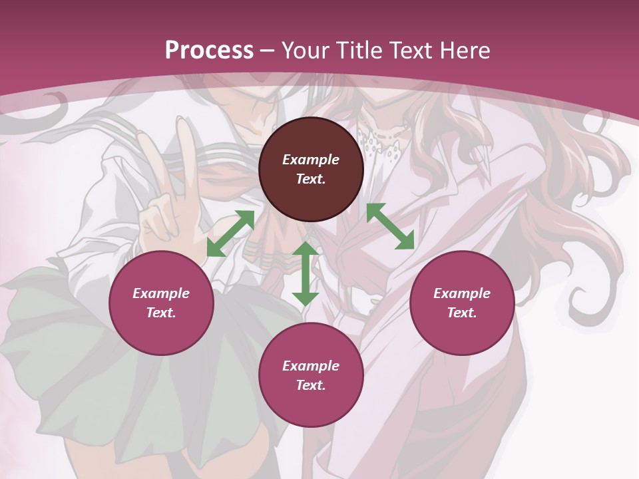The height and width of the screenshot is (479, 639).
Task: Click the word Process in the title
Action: tap(209, 51)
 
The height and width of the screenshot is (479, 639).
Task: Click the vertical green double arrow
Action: tap(306, 273)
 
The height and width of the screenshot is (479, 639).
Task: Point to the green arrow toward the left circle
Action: tap(230, 234)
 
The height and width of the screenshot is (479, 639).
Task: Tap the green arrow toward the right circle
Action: tap(391, 226)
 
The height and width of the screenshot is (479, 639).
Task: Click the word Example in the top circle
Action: tap(311, 160)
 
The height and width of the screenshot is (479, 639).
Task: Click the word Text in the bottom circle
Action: tap(311, 385)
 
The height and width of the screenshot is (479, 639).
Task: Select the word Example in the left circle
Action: tap(161, 293)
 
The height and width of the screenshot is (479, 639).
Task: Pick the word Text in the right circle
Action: tap(462, 313)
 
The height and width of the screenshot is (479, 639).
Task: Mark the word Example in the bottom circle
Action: tap(311, 366)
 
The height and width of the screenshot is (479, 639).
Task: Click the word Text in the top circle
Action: tap(311, 179)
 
